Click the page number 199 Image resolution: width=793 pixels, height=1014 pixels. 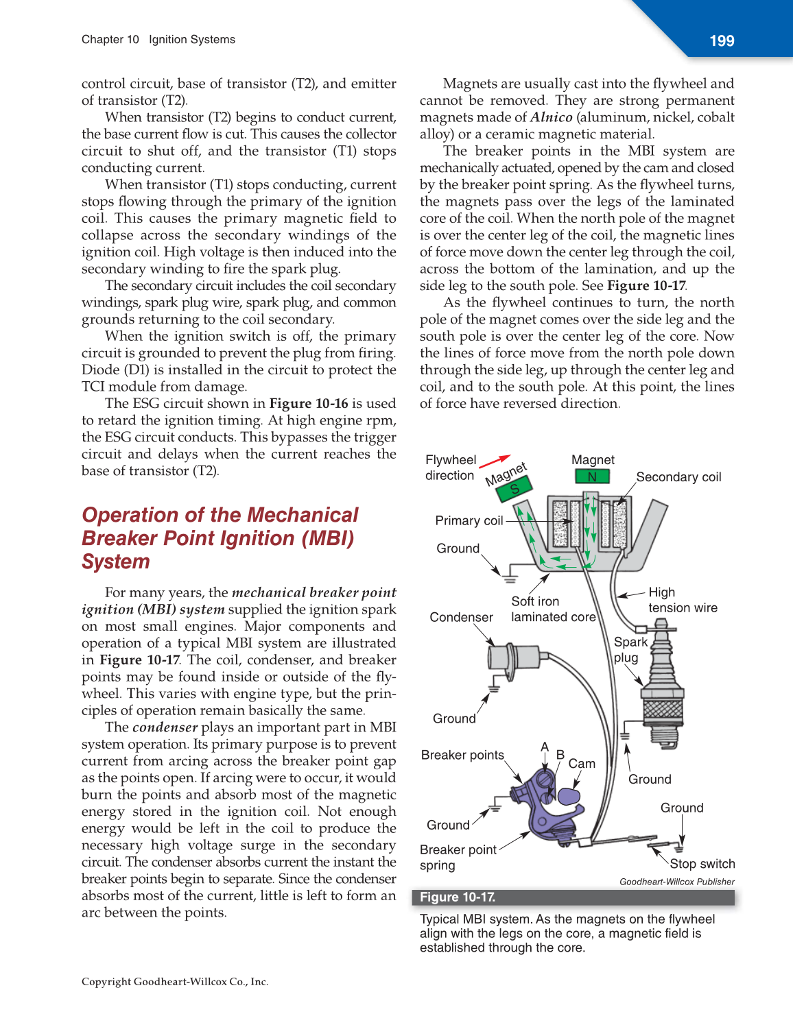click(x=722, y=41)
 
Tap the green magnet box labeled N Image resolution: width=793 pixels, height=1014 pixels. click(x=592, y=476)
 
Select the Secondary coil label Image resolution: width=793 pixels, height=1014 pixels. click(x=678, y=477)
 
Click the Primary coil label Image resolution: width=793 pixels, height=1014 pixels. click(x=469, y=521)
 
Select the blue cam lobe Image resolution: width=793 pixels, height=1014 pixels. click(x=569, y=796)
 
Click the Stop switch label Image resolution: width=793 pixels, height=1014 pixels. click(x=702, y=864)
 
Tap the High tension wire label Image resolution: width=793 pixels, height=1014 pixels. click(x=682, y=600)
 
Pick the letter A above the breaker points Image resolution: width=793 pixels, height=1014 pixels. click(x=545, y=747)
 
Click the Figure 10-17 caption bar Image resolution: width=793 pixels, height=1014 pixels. click(x=573, y=897)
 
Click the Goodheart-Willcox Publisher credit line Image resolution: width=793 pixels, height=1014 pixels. click(x=676, y=882)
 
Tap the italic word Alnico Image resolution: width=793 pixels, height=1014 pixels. click(x=551, y=117)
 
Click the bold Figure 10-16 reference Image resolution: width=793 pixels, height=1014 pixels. click(x=309, y=404)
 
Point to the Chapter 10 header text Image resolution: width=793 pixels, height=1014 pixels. click(x=110, y=40)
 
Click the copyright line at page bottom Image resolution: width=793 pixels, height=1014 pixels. click(x=175, y=982)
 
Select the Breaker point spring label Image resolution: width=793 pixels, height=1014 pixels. click(x=458, y=857)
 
